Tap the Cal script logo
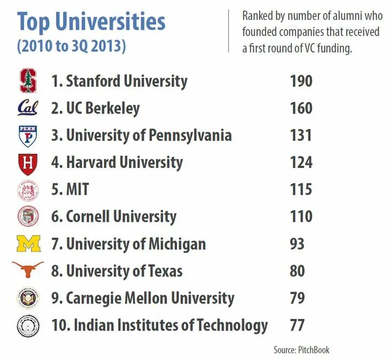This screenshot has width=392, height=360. click(x=28, y=108)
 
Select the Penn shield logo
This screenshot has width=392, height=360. click(x=28, y=135)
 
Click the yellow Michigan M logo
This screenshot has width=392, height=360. click(x=28, y=244)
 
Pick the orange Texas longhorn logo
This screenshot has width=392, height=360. click(x=28, y=270)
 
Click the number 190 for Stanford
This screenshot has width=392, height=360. click(x=301, y=81)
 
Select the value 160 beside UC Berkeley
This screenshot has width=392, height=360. click(x=301, y=108)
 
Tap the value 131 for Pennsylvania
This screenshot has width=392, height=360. click(x=301, y=135)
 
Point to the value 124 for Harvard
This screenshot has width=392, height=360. click(x=301, y=163)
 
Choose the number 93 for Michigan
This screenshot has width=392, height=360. click(x=297, y=244)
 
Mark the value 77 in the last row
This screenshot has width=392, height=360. click(x=297, y=325)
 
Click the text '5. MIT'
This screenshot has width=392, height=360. click(x=70, y=190)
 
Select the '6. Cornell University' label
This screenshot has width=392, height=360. click(x=114, y=217)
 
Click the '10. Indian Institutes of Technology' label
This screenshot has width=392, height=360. click(x=159, y=325)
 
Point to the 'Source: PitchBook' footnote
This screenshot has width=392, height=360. click(x=301, y=350)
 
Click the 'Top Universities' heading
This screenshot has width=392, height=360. click(x=91, y=22)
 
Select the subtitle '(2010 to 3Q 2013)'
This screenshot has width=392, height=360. click(x=71, y=46)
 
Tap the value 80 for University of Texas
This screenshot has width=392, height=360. click(x=297, y=270)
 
